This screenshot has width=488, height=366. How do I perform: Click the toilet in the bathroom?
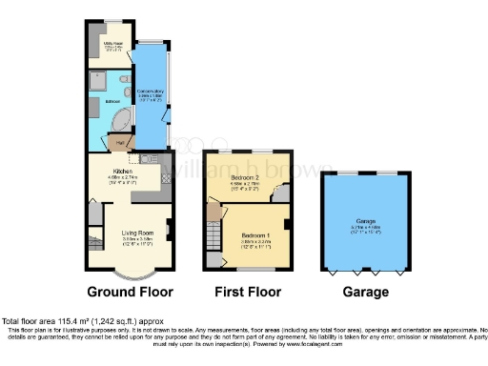click(x=125, y=78)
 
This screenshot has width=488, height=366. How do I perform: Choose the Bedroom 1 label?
click(x=253, y=236)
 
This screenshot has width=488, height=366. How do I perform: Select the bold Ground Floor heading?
click(x=129, y=292)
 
